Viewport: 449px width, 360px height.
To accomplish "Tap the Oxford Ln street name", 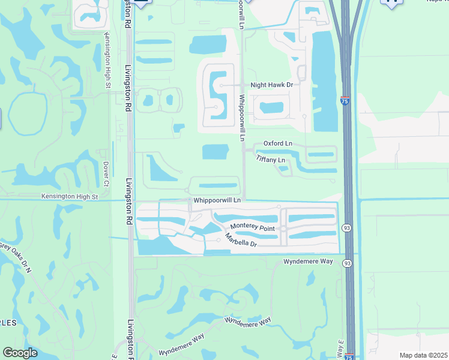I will [278, 143].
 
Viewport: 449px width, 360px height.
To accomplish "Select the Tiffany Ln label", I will [270, 160].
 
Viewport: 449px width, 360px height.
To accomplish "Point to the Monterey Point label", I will [253, 229].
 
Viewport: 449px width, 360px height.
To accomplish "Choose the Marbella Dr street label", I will [241, 241].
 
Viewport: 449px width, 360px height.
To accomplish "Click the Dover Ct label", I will [106, 172].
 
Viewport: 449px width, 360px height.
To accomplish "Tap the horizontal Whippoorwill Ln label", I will [217, 200].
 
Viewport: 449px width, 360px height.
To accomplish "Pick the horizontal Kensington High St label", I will [69, 196].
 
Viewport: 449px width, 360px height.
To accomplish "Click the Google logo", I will [20, 353].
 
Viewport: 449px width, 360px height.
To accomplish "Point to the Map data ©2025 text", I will [423, 355].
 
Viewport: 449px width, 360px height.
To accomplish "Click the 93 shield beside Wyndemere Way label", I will [347, 263].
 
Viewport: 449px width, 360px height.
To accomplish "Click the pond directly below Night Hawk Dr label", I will [271, 108].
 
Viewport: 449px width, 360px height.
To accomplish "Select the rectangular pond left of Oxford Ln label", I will [215, 152].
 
